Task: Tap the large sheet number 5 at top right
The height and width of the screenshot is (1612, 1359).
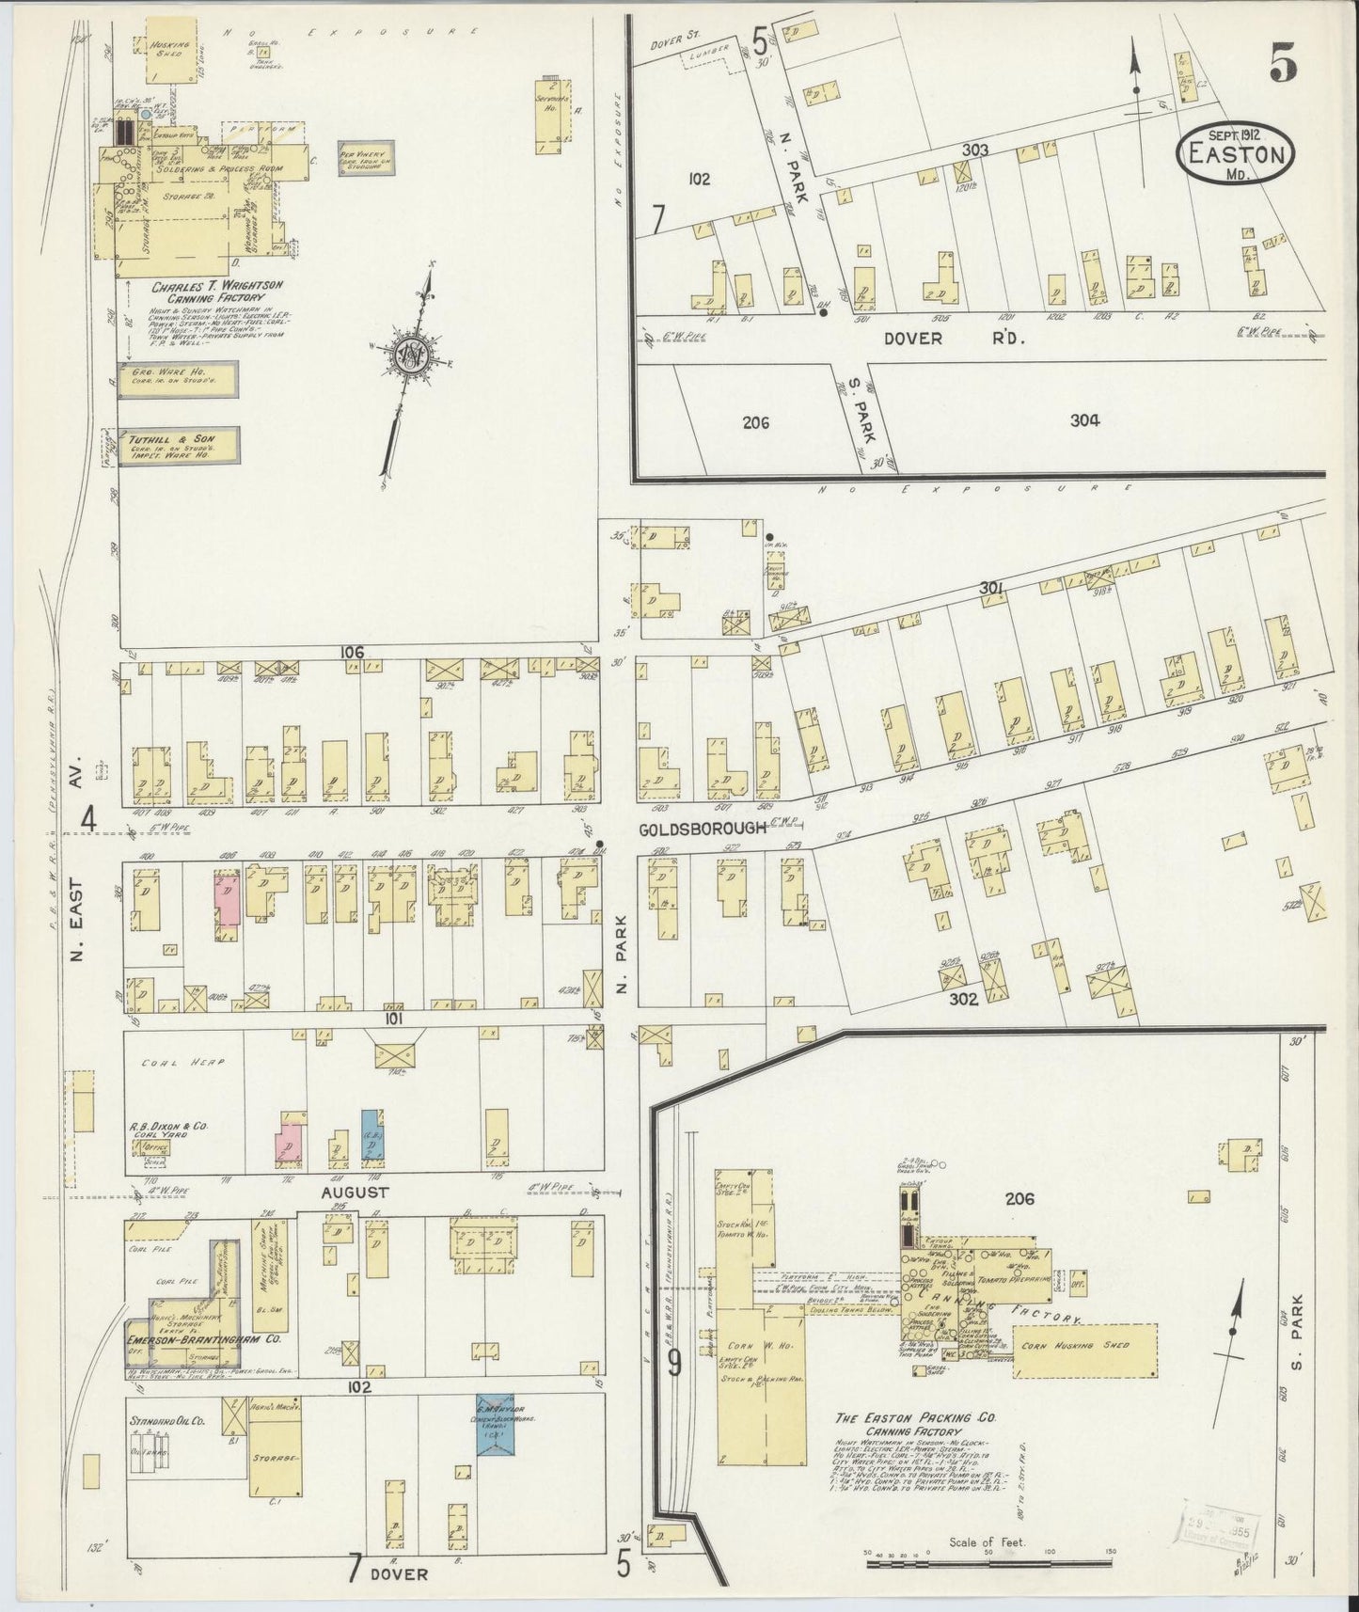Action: (1283, 65)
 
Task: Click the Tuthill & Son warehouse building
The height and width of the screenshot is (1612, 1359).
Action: (176, 448)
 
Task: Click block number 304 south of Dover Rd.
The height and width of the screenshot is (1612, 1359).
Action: (1084, 421)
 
